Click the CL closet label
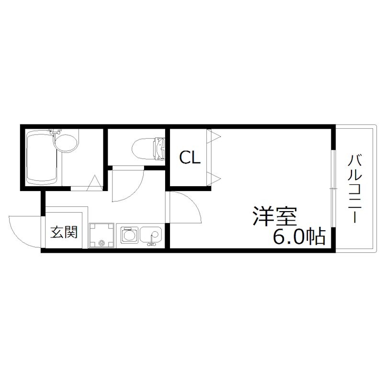[x=190, y=158]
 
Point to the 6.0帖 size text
[x=299, y=236]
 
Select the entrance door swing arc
[x=24, y=232]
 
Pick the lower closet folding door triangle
[x=213, y=179]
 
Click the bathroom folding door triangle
[x=95, y=183]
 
